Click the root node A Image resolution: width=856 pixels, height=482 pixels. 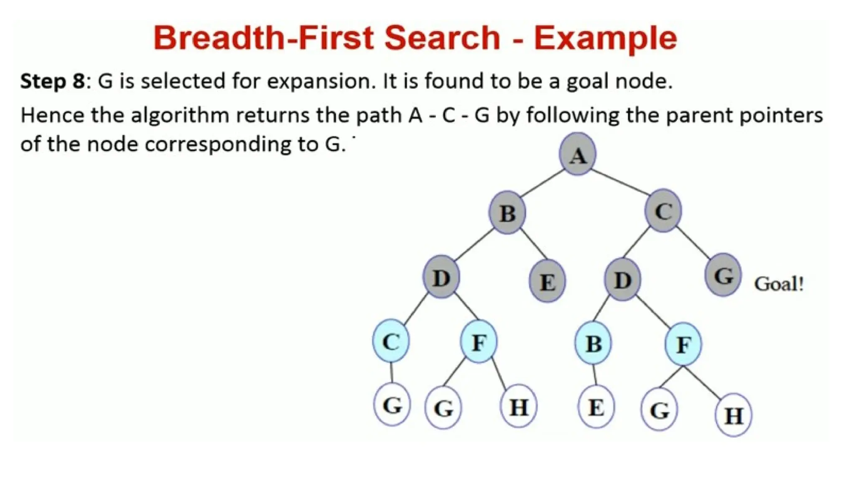coord(578,154)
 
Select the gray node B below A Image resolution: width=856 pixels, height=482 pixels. coord(507,213)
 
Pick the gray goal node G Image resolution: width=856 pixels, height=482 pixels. coord(723,275)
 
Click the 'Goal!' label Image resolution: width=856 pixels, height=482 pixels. coord(779,284)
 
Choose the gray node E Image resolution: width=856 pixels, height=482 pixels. coord(547,281)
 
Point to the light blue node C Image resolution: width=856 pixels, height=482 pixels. coord(391,341)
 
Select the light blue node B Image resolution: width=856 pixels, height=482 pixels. coord(593,343)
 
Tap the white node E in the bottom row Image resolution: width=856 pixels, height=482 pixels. coord(596,407)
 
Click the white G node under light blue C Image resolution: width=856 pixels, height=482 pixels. coord(392,405)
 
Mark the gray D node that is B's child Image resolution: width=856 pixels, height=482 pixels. coord(441,277)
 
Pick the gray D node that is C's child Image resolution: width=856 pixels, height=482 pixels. coord(622,279)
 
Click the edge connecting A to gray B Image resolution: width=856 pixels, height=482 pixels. coord(542,183)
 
